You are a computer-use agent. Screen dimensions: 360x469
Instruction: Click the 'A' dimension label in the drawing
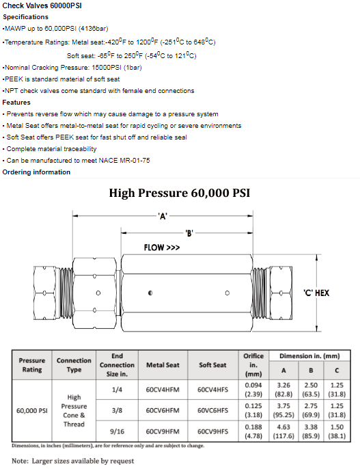163,216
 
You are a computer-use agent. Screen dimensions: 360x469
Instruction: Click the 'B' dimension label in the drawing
189,233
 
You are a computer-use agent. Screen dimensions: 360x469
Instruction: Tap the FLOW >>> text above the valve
162,247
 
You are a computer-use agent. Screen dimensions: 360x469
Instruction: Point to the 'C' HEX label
316,293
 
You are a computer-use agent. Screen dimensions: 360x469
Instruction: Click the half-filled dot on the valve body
150,293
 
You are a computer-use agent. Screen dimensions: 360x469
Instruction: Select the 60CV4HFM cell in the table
163,390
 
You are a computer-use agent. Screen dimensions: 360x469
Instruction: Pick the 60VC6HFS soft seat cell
212,410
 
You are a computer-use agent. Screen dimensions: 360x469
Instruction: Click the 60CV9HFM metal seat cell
163,431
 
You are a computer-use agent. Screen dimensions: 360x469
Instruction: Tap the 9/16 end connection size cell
117,431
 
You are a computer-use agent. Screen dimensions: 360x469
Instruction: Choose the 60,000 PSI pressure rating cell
32,411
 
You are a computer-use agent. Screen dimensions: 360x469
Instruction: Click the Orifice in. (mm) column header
253,365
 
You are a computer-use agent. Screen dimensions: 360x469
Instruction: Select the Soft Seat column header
212,365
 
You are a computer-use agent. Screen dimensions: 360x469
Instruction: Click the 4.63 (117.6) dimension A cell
283,431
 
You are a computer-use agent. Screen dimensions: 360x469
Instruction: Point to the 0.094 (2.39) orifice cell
253,390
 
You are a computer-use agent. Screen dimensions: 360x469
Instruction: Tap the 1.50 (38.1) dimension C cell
337,431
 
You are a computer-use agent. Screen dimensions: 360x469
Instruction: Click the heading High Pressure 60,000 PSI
179,193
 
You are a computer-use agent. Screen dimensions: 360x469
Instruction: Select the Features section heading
16,103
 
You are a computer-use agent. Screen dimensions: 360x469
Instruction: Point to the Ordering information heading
36,172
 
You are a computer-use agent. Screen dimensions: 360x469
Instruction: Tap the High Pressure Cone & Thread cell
74,411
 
